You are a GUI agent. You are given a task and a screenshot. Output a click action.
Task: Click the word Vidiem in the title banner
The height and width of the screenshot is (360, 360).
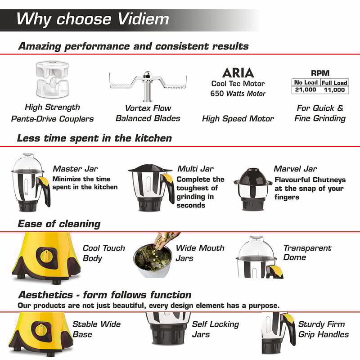tap(143, 19)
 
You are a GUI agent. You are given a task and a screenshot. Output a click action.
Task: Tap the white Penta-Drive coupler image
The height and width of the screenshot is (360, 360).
tap(52, 79)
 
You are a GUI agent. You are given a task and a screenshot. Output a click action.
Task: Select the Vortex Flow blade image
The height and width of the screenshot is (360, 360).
tap(148, 86)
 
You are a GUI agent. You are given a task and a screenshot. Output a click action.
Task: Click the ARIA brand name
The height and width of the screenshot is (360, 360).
tap(238, 73)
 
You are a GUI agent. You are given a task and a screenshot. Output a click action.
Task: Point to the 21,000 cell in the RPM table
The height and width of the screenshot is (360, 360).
tap(306, 90)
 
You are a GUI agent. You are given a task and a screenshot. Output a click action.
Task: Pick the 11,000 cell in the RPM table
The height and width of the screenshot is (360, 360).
tap(334, 90)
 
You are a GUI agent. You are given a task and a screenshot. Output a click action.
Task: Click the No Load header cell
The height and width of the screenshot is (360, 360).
tap(306, 82)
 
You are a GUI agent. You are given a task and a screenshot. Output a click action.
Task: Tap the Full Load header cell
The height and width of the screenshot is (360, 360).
tap(334, 83)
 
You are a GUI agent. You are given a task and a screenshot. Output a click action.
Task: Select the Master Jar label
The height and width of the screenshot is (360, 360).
tap(75, 169)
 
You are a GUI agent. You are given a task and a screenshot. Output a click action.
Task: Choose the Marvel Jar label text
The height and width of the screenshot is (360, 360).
tap(295, 169)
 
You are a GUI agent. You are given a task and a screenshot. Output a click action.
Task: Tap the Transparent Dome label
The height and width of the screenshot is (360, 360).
tap(307, 252)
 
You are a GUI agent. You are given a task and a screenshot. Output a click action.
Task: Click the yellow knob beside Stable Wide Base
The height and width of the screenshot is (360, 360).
tap(41, 330)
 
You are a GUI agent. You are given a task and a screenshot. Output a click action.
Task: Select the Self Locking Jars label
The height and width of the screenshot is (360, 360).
tap(216, 329)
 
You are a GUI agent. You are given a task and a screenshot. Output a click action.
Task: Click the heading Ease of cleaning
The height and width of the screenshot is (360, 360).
tap(59, 224)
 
